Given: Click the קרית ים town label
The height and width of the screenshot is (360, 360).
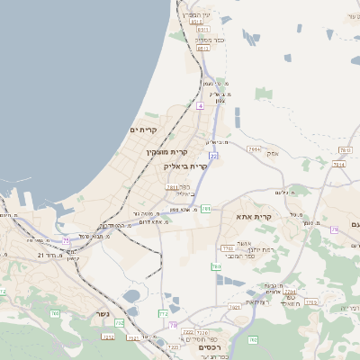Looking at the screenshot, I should point(143,130).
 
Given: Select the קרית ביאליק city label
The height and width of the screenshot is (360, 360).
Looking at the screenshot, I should point(186,166).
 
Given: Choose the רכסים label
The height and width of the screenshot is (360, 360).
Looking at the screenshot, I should point(215,346).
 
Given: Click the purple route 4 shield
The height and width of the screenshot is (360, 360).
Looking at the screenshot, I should point(200,105).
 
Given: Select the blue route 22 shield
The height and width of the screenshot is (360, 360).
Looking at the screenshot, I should point(213,156).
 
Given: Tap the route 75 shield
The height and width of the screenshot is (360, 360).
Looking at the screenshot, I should point(66,240).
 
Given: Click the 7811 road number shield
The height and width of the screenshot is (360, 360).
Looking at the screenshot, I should point(172,188).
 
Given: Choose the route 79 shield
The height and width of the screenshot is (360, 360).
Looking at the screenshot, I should point(334,229).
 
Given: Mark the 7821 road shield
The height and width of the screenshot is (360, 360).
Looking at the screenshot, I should point(234,307).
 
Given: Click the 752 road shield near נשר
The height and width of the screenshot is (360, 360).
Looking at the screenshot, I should point(119,323).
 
